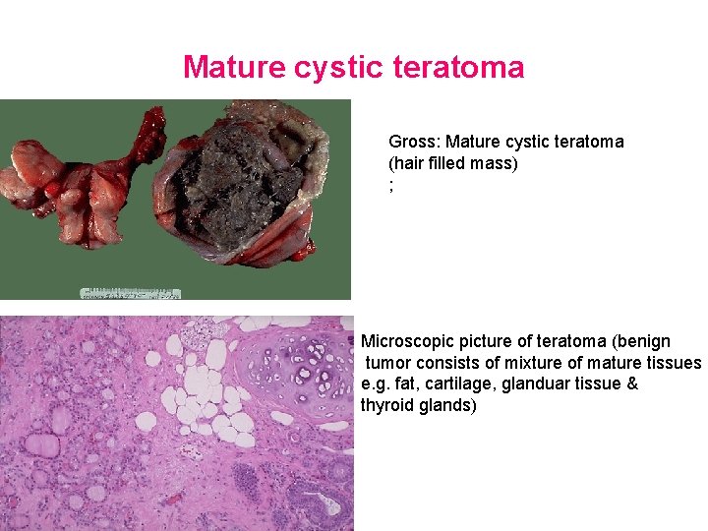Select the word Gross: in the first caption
click(x=414, y=142)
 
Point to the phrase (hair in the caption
click(x=409, y=163)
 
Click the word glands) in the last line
click(x=447, y=406)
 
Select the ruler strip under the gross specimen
click(x=130, y=293)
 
